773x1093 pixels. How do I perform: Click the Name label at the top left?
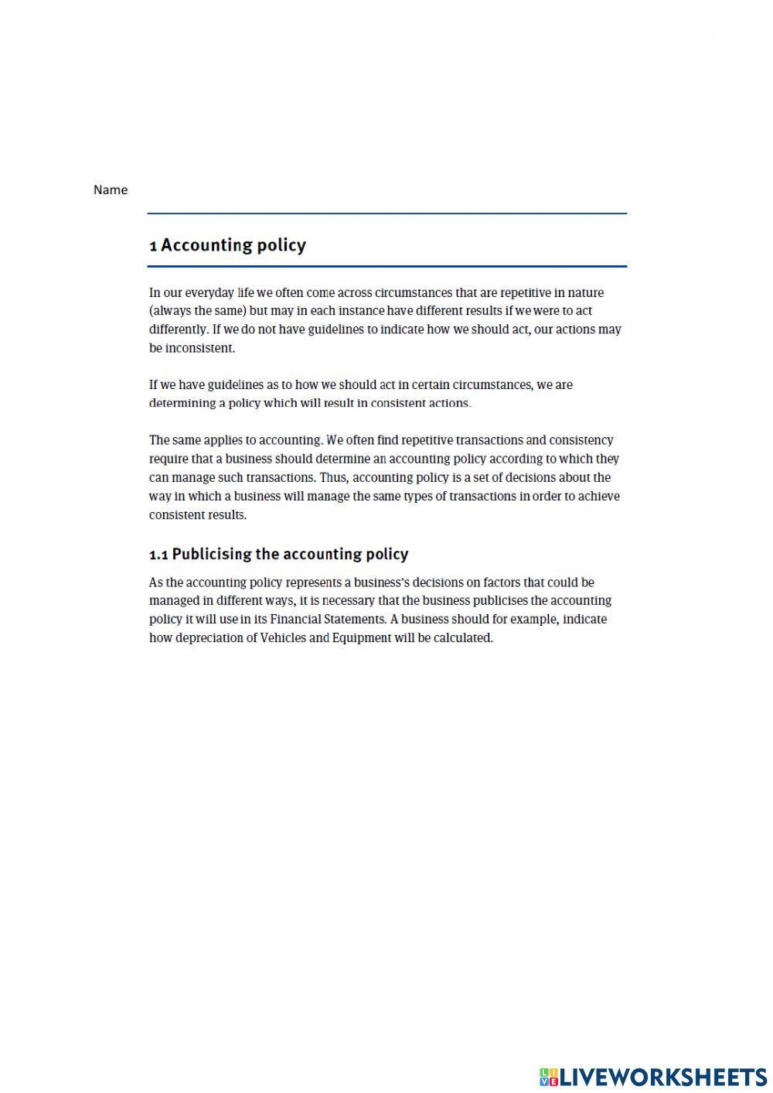coord(111,190)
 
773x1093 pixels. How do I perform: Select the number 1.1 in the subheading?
coord(158,555)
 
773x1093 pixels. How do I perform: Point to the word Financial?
coord(298,620)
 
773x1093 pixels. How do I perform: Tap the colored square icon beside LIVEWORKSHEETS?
coord(549,1076)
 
